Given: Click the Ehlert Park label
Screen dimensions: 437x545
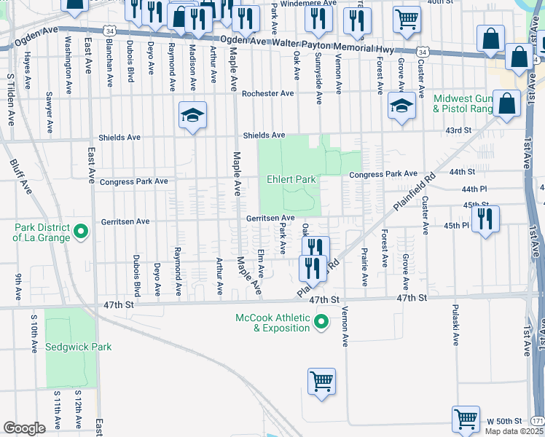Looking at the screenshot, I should click(290, 179).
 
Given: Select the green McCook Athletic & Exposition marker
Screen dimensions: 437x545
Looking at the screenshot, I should click(320, 322).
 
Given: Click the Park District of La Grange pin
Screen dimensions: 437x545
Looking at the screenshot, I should click(81, 232).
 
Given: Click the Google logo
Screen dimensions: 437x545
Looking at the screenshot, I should click(25, 428).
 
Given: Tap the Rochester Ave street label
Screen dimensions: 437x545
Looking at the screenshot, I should click(267, 93).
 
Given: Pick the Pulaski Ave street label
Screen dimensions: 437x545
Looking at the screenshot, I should click(455, 325).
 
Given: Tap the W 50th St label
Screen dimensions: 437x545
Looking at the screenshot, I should click(505, 422).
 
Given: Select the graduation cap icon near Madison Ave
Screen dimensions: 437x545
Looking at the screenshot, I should click(193, 115).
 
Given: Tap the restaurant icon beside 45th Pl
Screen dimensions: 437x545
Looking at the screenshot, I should click(485, 219).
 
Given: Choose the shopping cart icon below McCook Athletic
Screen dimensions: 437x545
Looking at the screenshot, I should click(321, 381).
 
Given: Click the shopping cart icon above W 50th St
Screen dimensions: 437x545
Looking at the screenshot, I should click(466, 419).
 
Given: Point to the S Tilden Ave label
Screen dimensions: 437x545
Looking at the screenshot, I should click(11, 99).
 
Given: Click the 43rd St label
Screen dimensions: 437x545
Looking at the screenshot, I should click(459, 130).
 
